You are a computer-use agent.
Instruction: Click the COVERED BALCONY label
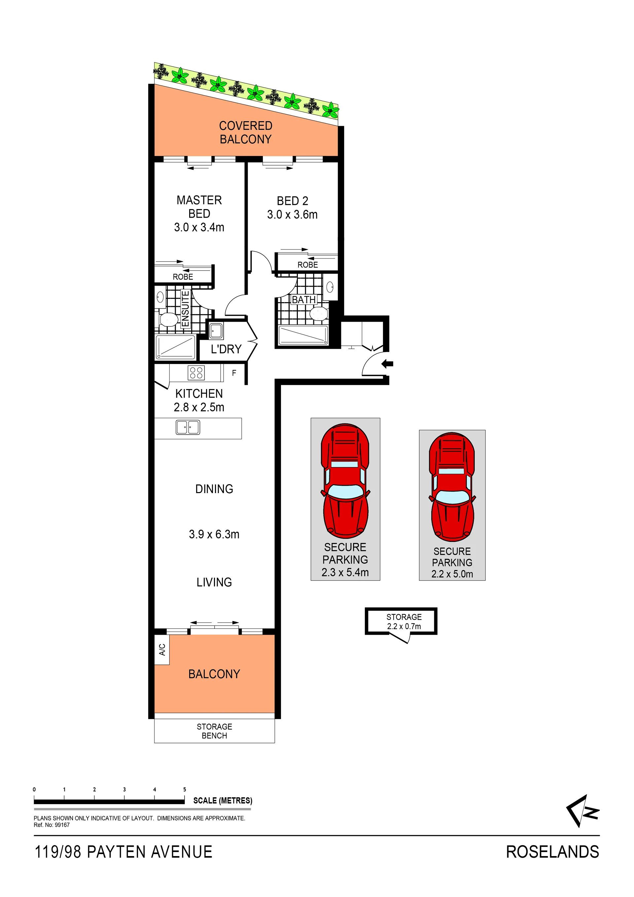pos(245,132)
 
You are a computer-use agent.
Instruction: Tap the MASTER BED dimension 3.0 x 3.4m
pos(199,227)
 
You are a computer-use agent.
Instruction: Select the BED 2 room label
pos(293,201)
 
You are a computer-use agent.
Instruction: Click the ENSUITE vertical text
pos(185,309)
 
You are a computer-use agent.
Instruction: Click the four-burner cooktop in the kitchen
pos(196,373)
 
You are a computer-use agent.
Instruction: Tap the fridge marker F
pos(234,373)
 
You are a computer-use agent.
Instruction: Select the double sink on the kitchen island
pos(188,427)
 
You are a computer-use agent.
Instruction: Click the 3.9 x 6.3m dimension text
pos(214,534)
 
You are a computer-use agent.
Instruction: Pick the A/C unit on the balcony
pos(162,649)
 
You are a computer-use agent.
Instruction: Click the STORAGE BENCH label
pos(214,731)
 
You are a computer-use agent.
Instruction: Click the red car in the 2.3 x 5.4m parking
pos(345,481)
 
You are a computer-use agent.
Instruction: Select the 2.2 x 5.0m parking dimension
pos(452,574)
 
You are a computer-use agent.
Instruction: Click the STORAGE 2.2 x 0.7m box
pos(401,621)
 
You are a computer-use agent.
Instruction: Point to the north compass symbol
pos(582,811)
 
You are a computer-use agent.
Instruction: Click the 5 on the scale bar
pos(185,789)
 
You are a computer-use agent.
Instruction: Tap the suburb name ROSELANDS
pos(552,852)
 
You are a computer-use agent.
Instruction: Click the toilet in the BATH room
pos(319,313)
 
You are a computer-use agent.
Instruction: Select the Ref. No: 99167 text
pos(52,825)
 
